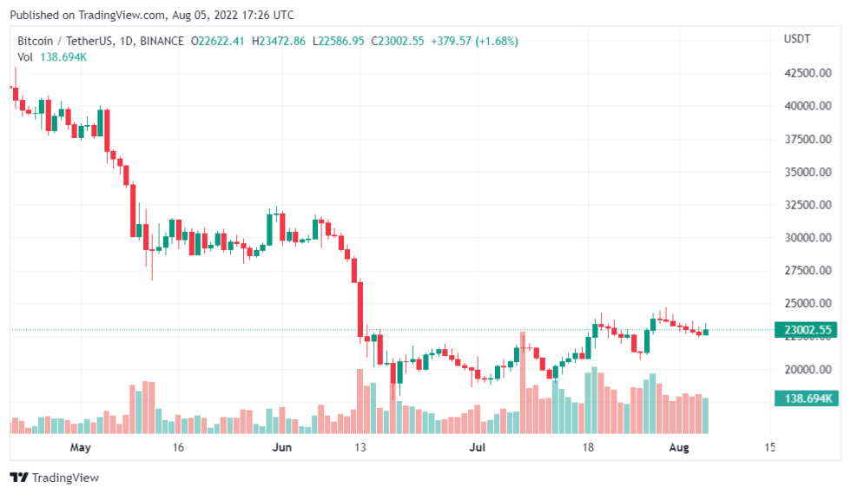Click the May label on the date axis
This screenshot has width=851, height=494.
[81, 448]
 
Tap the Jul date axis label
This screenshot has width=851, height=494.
[477, 448]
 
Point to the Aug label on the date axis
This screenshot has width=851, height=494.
[679, 448]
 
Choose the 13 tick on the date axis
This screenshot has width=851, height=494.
[361, 448]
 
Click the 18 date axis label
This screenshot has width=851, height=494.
[588, 448]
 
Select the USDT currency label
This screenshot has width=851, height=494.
[797, 39]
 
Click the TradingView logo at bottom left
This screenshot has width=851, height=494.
[54, 478]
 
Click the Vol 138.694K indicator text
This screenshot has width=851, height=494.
[52, 56]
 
